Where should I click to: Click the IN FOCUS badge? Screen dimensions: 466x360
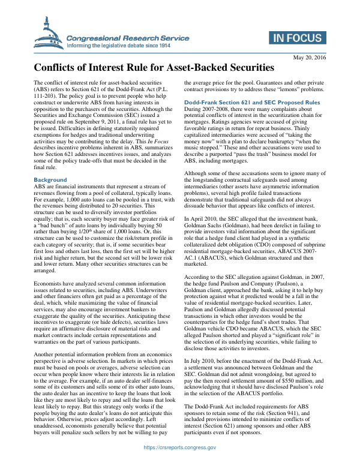click(x=296, y=38)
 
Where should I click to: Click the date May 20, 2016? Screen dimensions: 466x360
click(x=309, y=58)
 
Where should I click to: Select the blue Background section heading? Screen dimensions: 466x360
click(x=50, y=180)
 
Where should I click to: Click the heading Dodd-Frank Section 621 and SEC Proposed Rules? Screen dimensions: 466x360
click(x=252, y=103)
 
